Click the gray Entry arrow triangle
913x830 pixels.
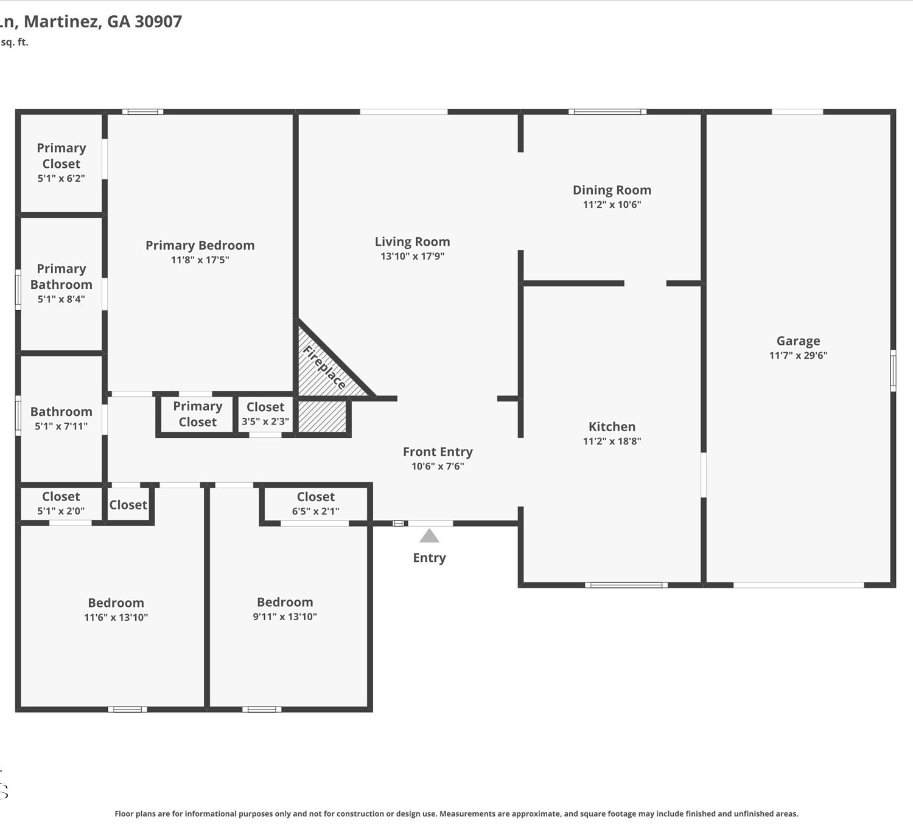(x=429, y=536)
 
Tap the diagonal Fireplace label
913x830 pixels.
(x=324, y=367)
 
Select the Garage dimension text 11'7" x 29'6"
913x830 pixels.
(x=798, y=355)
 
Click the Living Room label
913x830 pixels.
(x=412, y=241)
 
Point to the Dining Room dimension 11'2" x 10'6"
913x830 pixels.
(x=612, y=204)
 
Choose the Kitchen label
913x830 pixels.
(x=612, y=426)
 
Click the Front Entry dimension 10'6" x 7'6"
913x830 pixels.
(x=438, y=466)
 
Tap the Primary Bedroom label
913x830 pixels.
(x=200, y=245)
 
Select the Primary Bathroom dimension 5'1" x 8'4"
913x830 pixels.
(x=61, y=299)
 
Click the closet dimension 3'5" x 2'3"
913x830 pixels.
(x=265, y=421)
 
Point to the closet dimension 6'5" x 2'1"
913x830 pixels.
(x=315, y=511)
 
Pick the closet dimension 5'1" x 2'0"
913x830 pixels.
(x=60, y=511)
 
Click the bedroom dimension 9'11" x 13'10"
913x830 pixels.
(x=284, y=616)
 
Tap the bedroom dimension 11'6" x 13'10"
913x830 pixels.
(x=116, y=617)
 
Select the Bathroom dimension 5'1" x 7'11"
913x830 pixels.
(x=61, y=426)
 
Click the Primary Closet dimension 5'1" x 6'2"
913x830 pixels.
(x=61, y=178)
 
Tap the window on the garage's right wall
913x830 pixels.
(x=893, y=371)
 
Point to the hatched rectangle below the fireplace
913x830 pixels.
(x=322, y=416)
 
